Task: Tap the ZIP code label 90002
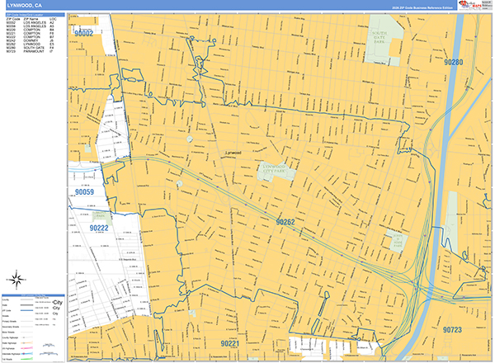pos(84,33)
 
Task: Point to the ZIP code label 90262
pos(285,223)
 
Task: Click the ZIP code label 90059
pos(84,193)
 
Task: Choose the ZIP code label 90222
pos(99,228)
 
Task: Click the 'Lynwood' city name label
pos(233,153)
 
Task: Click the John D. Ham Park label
pos(396,240)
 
